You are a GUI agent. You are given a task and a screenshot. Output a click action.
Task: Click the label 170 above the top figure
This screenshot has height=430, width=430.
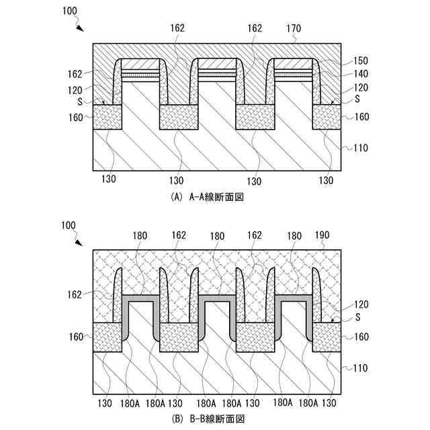pos(294,29)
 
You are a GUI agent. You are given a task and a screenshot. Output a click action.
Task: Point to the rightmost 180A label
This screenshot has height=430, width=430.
pos(308,403)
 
